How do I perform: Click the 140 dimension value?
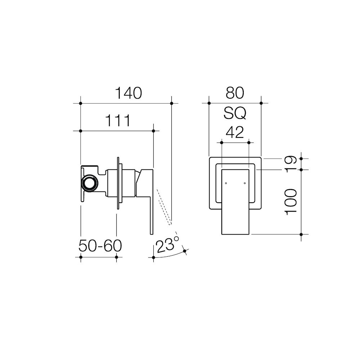click(x=129, y=93)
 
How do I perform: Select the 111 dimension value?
click(x=118, y=121)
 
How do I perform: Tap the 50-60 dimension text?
click(x=100, y=246)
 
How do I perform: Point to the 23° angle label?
click(x=167, y=245)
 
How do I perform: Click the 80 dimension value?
click(x=235, y=93)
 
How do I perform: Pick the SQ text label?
click(x=235, y=113)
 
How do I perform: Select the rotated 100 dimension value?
click(x=291, y=202)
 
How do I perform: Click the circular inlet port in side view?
click(x=90, y=183)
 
